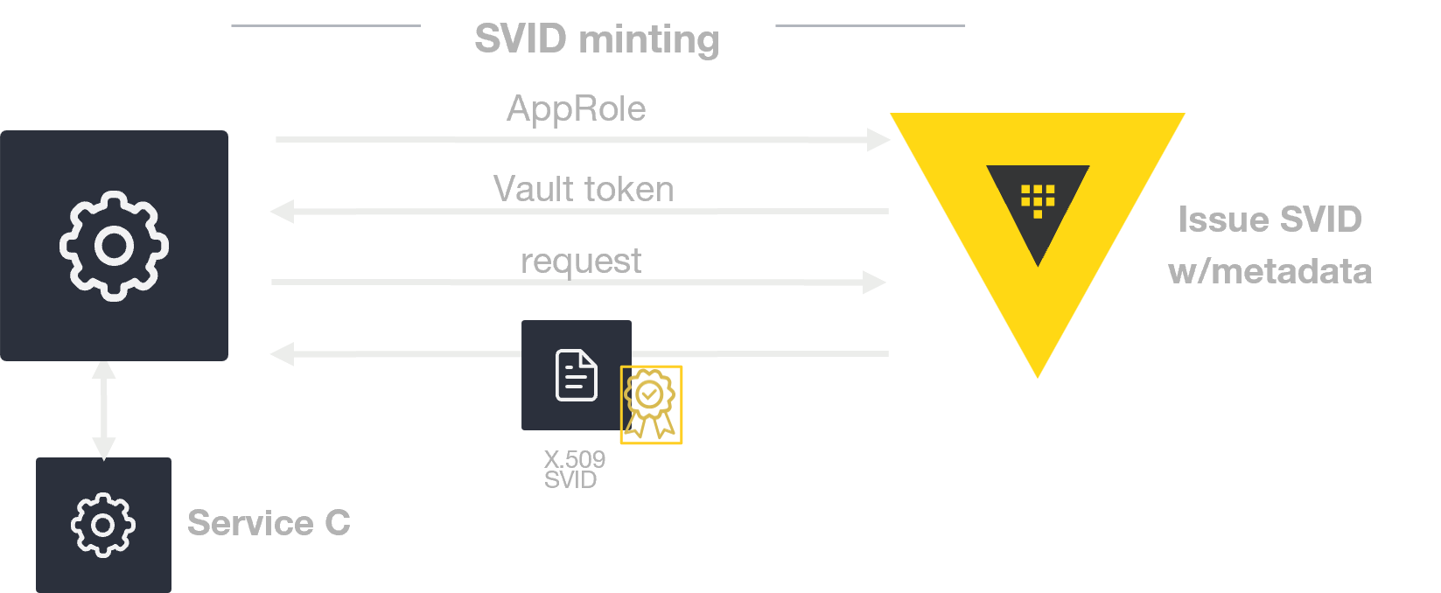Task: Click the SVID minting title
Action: click(x=597, y=39)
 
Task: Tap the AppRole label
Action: click(x=576, y=109)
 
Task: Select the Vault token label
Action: click(x=584, y=189)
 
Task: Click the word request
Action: click(x=581, y=261)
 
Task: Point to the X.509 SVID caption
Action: click(x=573, y=470)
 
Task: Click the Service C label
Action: click(x=269, y=523)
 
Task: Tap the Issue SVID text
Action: click(x=1270, y=220)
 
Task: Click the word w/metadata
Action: click(x=1270, y=271)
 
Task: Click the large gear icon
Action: click(x=114, y=246)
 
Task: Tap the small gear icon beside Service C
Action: click(x=103, y=525)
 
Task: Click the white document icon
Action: click(x=577, y=375)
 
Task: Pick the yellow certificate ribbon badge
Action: click(x=651, y=405)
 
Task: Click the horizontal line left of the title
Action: click(x=325, y=26)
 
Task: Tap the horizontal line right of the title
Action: click(x=870, y=26)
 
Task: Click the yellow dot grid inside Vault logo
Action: click(x=1038, y=199)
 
